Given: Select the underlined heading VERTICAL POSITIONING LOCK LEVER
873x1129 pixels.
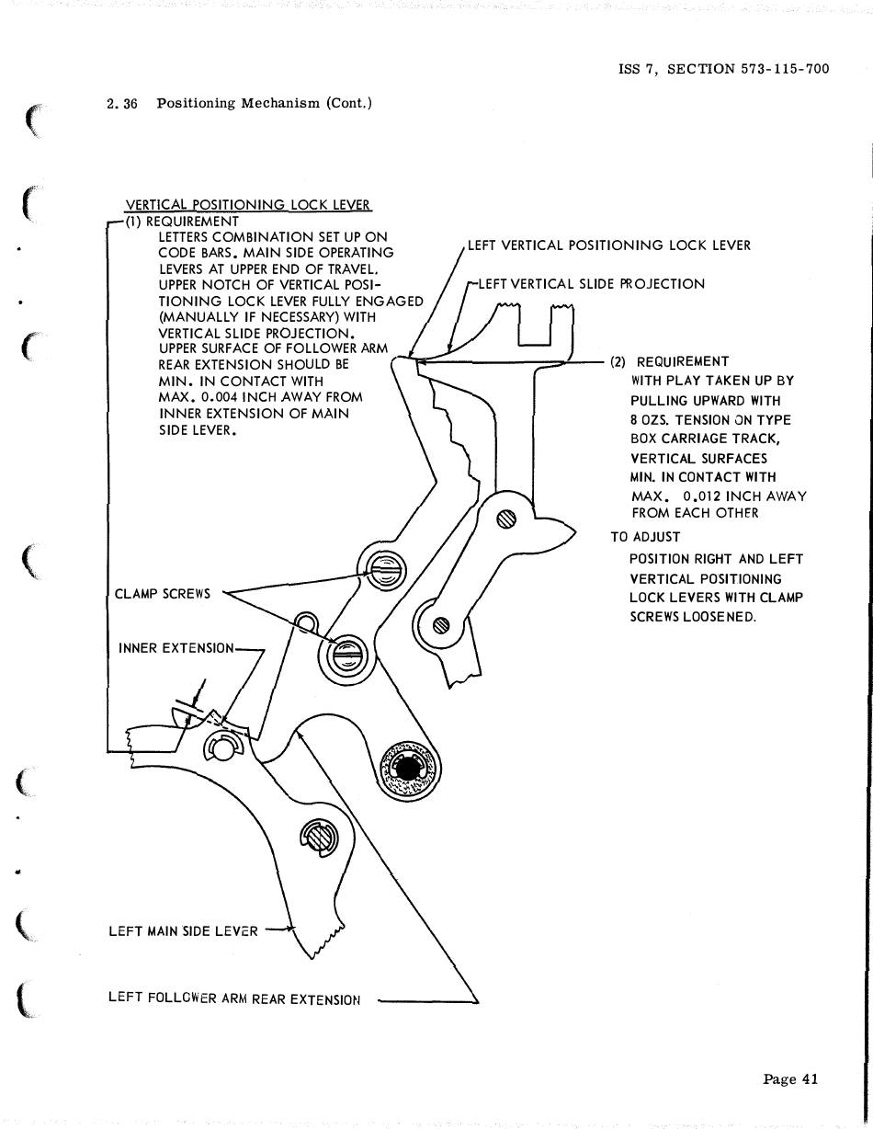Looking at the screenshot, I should pyautogui.click(x=249, y=205).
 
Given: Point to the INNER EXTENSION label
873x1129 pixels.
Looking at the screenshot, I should pyautogui.click(x=176, y=648).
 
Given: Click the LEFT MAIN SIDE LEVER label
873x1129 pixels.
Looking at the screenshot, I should pyautogui.click(x=183, y=931).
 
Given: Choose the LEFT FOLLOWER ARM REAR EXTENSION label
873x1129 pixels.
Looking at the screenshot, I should pyautogui.click(x=233, y=998).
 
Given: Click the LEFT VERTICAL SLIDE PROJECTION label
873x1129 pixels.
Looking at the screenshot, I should pyautogui.click(x=591, y=284).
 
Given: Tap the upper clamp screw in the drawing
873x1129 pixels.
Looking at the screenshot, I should pyautogui.click(x=384, y=572).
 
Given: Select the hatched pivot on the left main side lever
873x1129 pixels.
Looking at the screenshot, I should pyautogui.click(x=318, y=836).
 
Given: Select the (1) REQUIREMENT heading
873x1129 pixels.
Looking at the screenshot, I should pyautogui.click(x=182, y=222).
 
